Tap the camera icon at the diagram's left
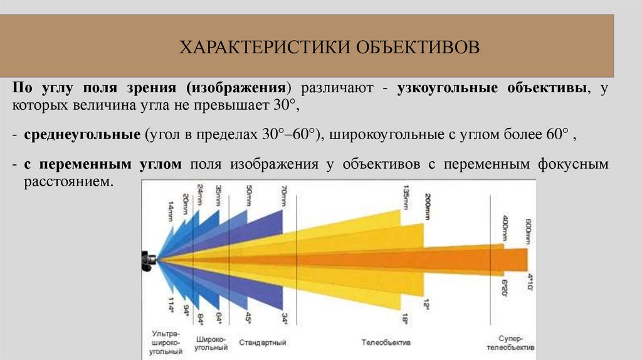[149, 260]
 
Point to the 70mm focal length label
[284, 196]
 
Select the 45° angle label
[250, 319]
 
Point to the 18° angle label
[406, 319]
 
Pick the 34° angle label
[285, 319]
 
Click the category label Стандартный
[263, 343]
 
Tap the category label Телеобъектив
[386, 343]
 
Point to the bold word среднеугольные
[82, 135]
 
